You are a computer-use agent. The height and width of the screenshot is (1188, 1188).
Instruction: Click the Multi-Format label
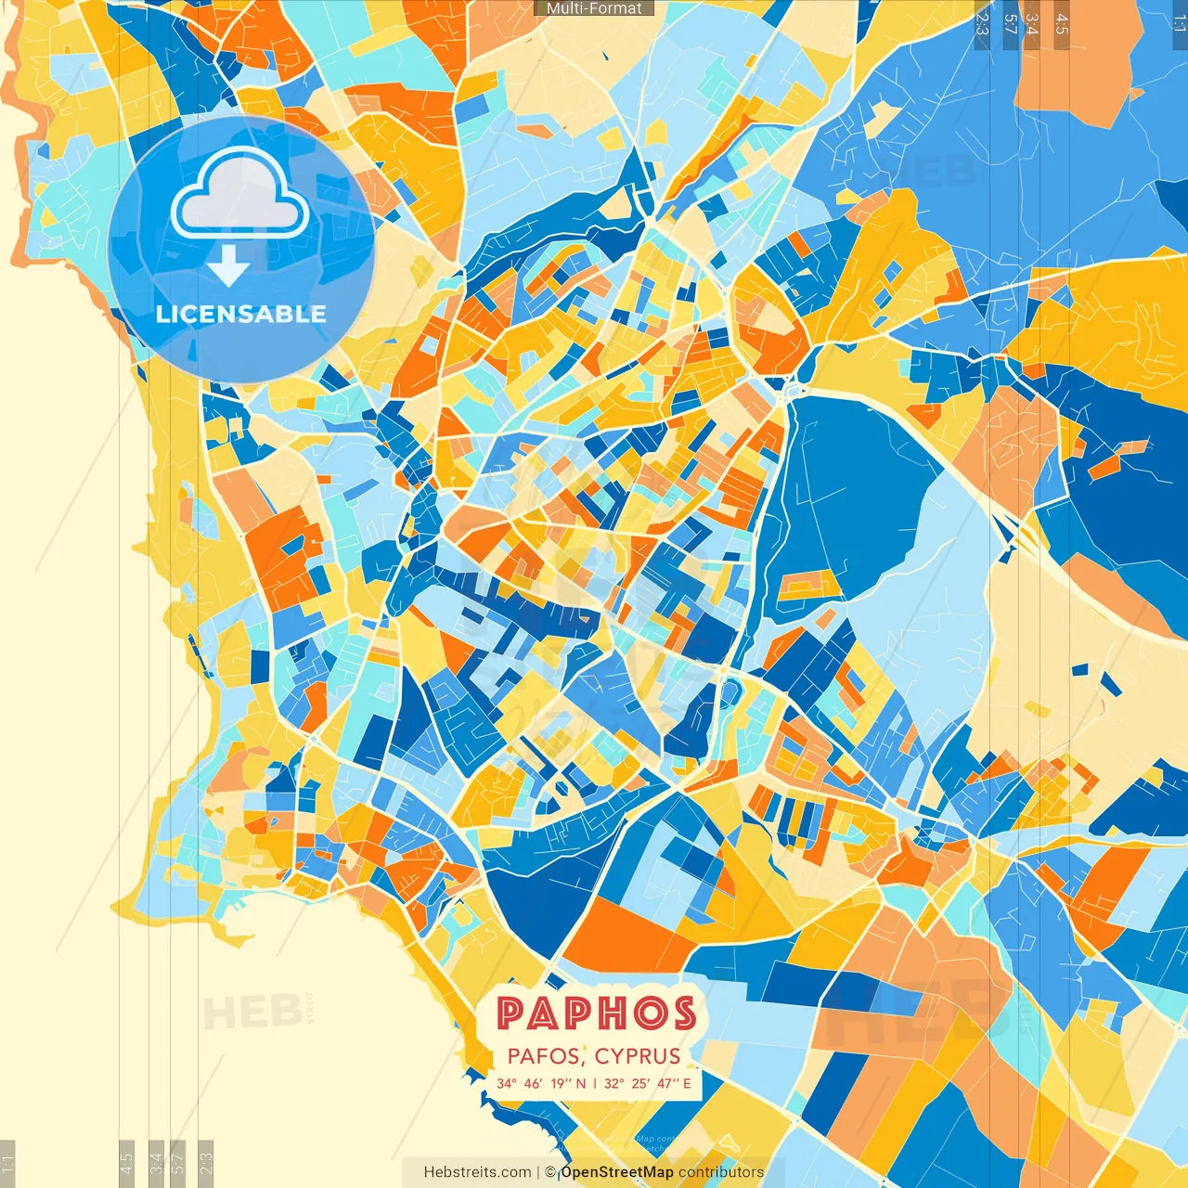pyautogui.click(x=594, y=8)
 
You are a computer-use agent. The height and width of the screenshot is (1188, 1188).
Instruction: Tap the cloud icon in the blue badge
pyautogui.click(x=239, y=192)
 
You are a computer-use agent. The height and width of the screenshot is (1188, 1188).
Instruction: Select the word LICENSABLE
pyautogui.click(x=241, y=314)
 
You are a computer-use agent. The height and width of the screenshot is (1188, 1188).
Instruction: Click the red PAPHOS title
pyautogui.click(x=596, y=1014)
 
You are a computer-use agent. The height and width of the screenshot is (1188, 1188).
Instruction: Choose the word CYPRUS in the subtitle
pyautogui.click(x=638, y=1056)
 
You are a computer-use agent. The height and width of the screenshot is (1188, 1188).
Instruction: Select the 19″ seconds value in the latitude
pyautogui.click(x=561, y=1083)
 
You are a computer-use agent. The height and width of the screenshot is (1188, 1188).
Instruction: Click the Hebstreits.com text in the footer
pyautogui.click(x=477, y=1172)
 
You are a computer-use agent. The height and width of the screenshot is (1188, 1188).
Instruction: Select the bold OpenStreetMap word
pyautogui.click(x=617, y=1172)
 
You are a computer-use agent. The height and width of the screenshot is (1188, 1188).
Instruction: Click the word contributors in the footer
pyautogui.click(x=721, y=1172)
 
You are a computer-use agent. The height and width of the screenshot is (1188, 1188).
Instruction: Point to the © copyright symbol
pyautogui.click(x=550, y=1172)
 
